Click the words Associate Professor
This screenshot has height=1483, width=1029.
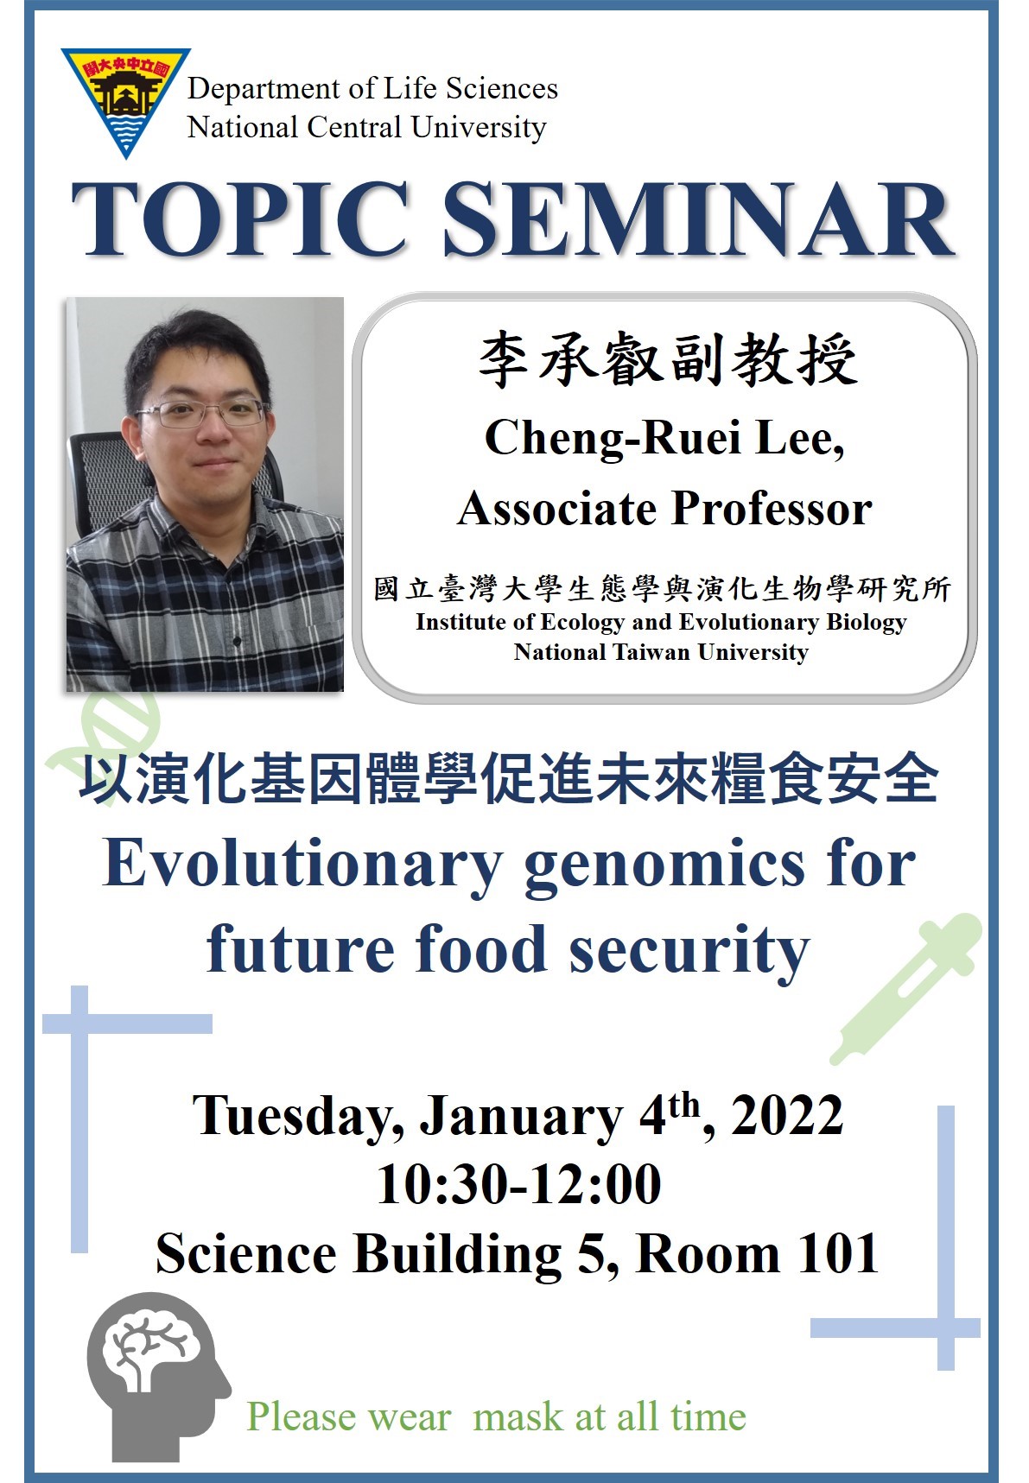(664, 508)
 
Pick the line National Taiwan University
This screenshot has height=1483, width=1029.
(661, 652)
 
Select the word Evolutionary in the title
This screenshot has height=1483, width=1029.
(302, 864)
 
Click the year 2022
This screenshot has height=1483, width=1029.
(787, 1114)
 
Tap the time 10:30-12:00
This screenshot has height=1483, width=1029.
(518, 1184)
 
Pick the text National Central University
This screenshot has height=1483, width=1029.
(366, 128)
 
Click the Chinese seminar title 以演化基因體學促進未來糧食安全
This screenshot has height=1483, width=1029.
(509, 777)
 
